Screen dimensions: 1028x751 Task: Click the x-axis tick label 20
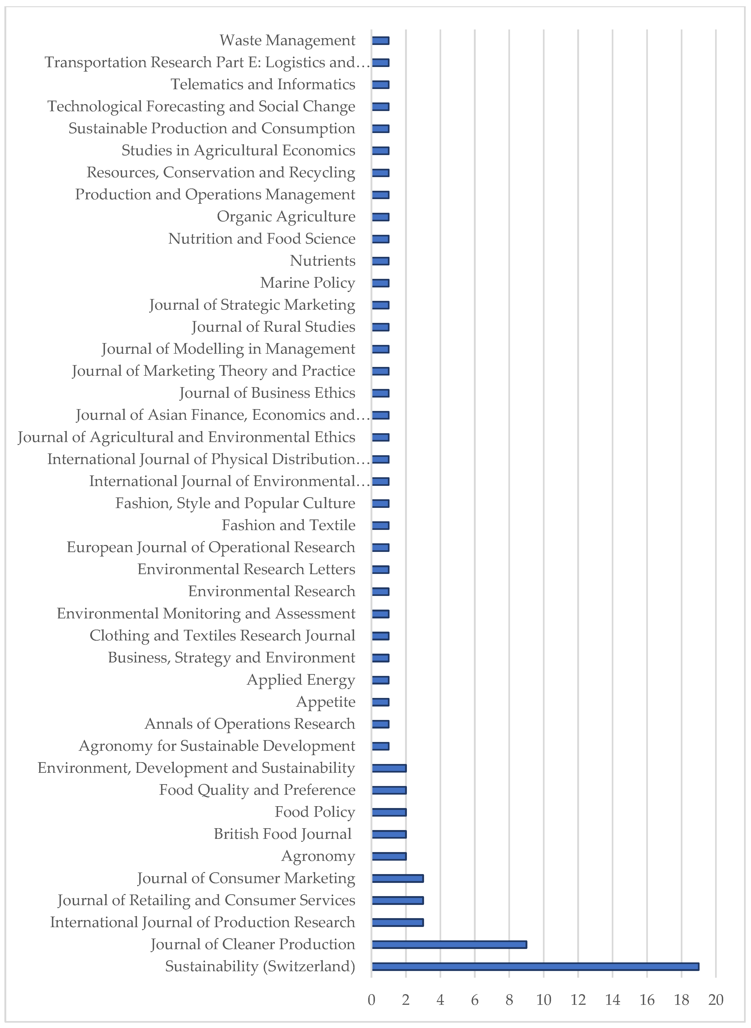click(716, 1000)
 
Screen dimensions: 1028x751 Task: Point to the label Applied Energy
click(301, 680)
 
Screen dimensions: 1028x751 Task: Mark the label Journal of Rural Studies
click(273, 327)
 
